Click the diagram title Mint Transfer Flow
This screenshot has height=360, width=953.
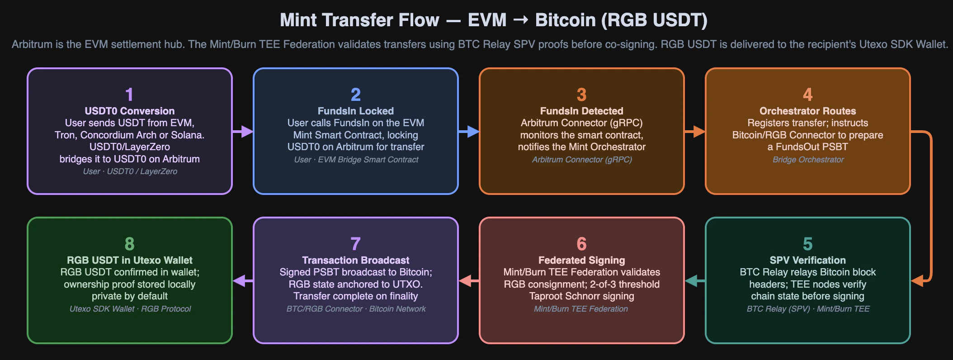click(359, 20)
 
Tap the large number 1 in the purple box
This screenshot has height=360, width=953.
click(129, 95)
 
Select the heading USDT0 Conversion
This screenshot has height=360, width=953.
click(130, 111)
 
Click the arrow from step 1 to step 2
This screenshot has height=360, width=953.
click(243, 132)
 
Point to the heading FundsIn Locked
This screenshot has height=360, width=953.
click(356, 111)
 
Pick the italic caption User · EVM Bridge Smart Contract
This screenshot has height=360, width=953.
click(356, 160)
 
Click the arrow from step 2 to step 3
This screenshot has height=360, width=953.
click(469, 132)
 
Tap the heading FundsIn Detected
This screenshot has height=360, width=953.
click(582, 111)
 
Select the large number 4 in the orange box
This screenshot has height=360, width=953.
click(808, 95)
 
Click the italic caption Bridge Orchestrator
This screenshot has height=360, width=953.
click(808, 160)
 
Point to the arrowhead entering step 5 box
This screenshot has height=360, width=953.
click(917, 281)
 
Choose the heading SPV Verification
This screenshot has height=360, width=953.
click(808, 261)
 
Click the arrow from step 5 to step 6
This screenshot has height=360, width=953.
click(695, 281)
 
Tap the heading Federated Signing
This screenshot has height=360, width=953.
click(582, 261)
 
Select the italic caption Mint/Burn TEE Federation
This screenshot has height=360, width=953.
click(581, 309)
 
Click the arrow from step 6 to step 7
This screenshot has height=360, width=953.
click(469, 281)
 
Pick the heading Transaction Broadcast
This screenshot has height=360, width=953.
click(356, 261)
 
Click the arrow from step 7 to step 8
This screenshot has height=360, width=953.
click(243, 281)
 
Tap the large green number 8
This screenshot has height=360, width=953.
click(129, 244)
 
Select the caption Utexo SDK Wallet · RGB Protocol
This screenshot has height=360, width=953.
click(130, 309)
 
